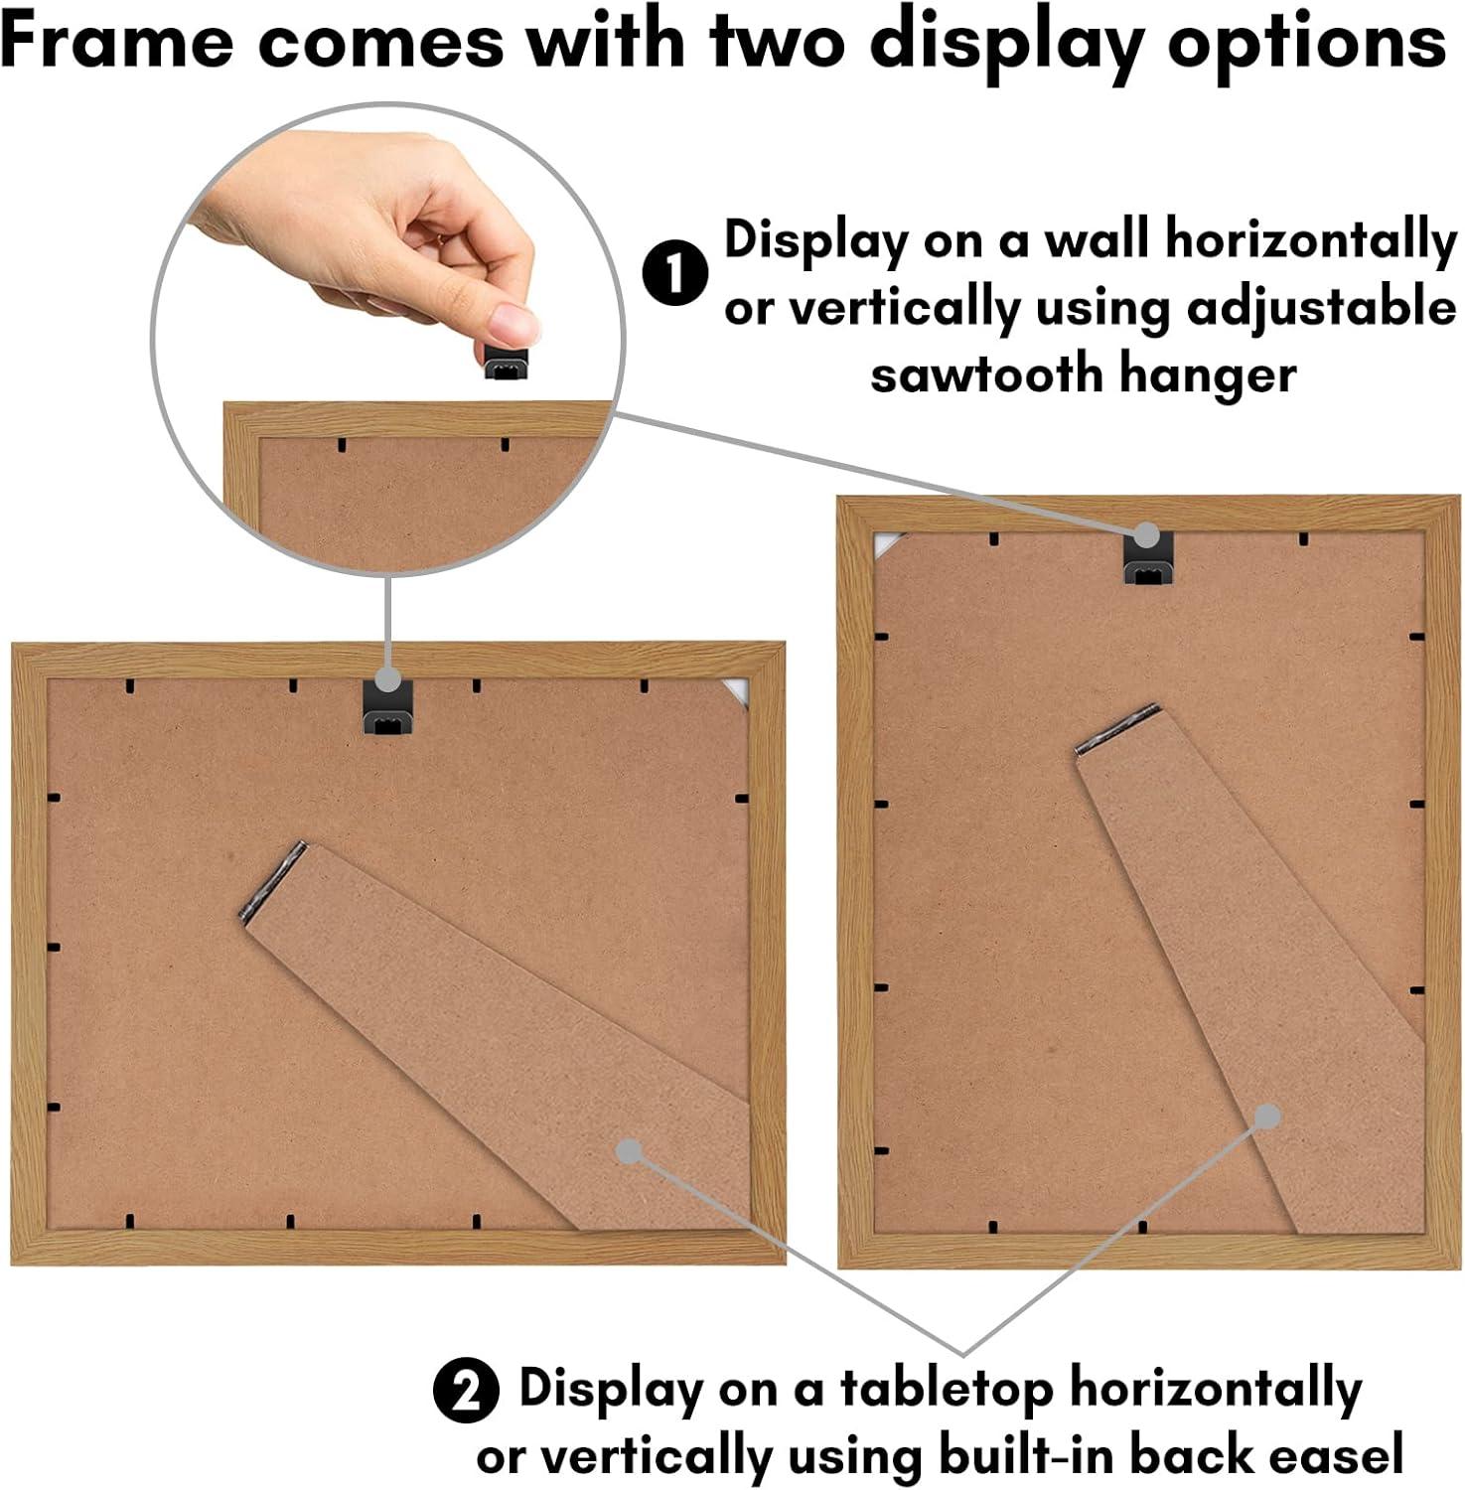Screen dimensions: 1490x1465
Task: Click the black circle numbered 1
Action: [674, 273]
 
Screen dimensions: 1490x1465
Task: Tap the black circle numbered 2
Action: [466, 1390]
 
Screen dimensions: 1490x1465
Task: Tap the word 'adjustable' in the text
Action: [1322, 307]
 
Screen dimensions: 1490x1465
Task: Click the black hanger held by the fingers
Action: [508, 363]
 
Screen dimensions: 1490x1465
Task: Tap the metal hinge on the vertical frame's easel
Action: [1117, 730]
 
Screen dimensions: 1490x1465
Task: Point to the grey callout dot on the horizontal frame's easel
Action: [628, 1151]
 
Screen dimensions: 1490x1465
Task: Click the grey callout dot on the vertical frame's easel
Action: [1266, 1117]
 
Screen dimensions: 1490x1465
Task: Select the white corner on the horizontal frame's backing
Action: [736, 690]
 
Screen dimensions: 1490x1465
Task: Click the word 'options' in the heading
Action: [1305, 42]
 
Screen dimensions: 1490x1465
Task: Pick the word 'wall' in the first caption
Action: [1093, 241]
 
